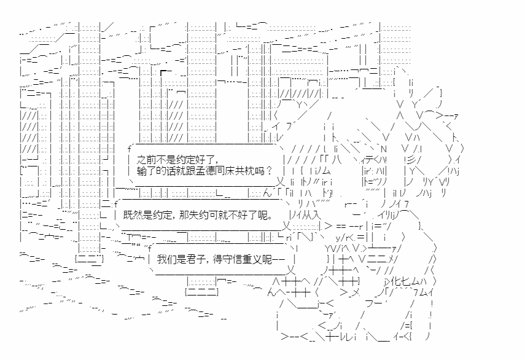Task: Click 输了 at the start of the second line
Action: tap(148, 170)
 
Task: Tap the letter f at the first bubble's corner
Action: tap(129, 148)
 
